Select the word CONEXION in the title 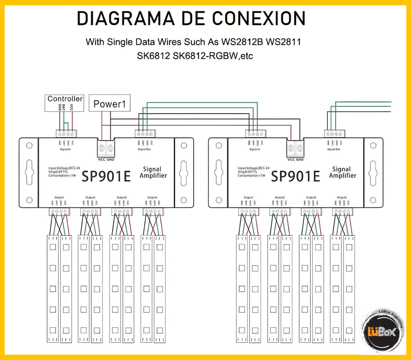(x=259, y=18)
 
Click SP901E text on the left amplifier (x=106, y=177)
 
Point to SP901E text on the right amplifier (x=296, y=177)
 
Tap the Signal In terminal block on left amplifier (x=66, y=134)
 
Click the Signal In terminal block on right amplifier (x=255, y=134)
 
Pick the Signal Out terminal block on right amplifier (x=334, y=134)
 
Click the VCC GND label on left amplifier (x=106, y=160)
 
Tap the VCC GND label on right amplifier (x=295, y=160)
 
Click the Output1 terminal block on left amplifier (x=59, y=212)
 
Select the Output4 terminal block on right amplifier (x=342, y=212)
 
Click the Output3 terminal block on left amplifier (x=122, y=212)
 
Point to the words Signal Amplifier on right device (x=342, y=172)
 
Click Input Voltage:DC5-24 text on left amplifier (x=64, y=168)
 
